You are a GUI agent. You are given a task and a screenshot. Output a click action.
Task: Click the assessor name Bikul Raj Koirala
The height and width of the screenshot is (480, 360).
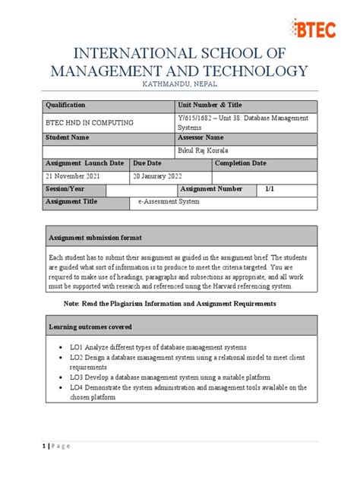coord(207,151)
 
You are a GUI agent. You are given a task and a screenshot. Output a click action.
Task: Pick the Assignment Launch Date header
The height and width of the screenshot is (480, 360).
coord(84,163)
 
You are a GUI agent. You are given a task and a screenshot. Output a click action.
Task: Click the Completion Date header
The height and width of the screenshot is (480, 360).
coord(240,163)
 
